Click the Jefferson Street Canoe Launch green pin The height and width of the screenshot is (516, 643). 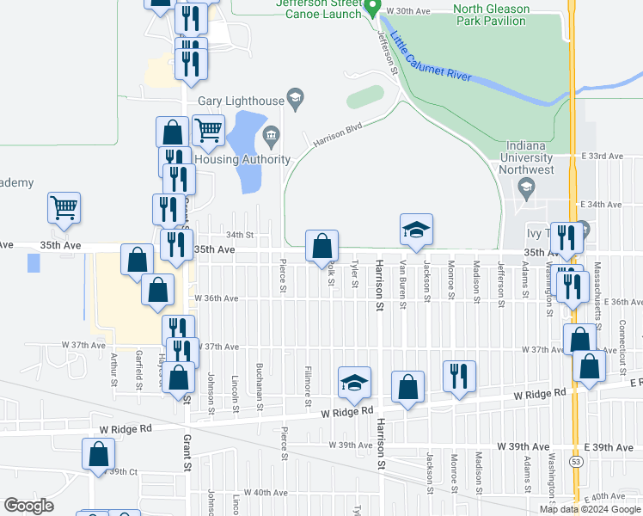pos(371,8)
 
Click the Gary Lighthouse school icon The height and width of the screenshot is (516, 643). pos(295,100)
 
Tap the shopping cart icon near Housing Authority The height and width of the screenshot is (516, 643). pos(208,131)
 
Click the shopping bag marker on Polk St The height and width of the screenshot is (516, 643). pos(321,246)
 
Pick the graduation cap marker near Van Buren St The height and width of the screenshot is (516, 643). pos(416,230)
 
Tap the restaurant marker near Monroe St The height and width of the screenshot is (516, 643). pos(459,376)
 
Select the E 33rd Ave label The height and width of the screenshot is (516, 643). pos(601,156)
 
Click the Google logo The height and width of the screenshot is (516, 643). pos(28,506)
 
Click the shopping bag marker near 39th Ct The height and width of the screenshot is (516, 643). pos(99,454)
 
